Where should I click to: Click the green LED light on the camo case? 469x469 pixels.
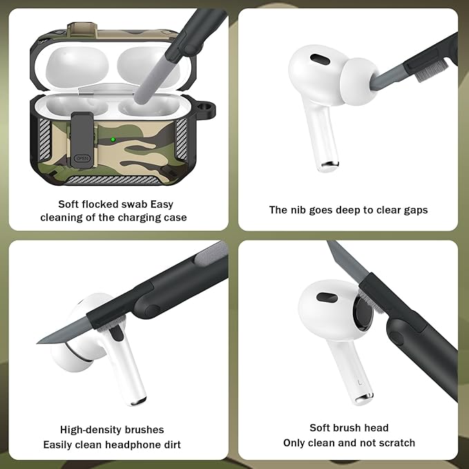pyautogui.click(x=113, y=140)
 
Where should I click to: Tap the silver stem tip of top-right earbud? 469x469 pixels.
pyautogui.click(x=329, y=165)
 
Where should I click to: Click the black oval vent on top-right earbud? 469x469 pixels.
pyautogui.click(x=319, y=59)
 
